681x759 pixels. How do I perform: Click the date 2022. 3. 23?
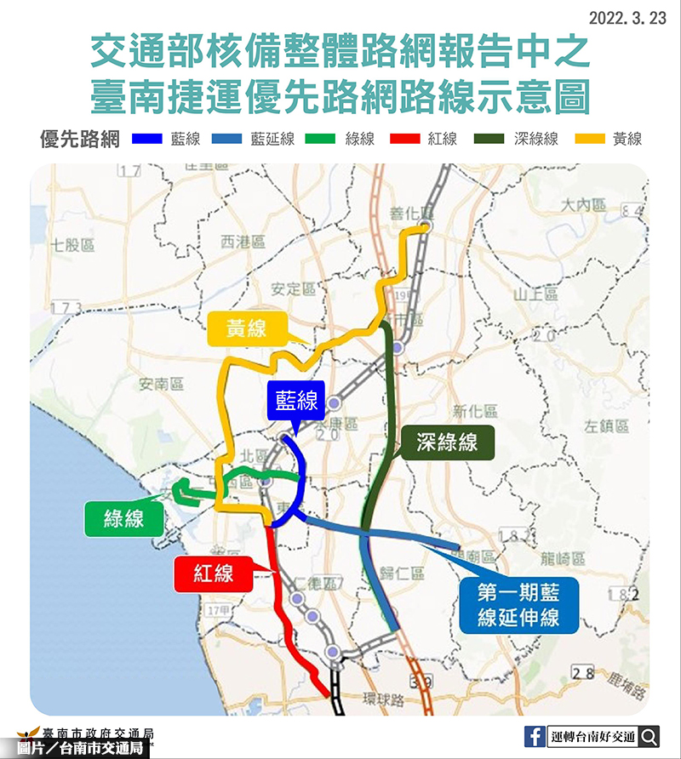(x=627, y=18)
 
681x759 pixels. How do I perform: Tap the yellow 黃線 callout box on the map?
(x=247, y=328)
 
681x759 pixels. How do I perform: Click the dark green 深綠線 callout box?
(x=447, y=442)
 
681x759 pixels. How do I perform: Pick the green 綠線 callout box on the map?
(x=124, y=518)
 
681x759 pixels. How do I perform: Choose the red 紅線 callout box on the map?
(x=214, y=574)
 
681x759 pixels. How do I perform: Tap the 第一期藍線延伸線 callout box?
(x=518, y=603)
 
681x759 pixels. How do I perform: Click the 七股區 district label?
(x=72, y=245)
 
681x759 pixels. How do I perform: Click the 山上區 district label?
(x=535, y=294)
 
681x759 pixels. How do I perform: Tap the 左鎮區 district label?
(x=606, y=425)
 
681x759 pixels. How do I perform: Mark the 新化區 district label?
(x=474, y=410)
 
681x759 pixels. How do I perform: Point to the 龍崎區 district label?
(x=563, y=559)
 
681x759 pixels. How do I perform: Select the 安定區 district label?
(x=293, y=288)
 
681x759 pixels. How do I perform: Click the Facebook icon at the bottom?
(x=535, y=737)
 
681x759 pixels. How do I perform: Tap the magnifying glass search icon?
(x=650, y=737)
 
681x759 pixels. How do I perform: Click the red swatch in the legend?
(x=403, y=139)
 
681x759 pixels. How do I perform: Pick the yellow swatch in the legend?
(x=588, y=139)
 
